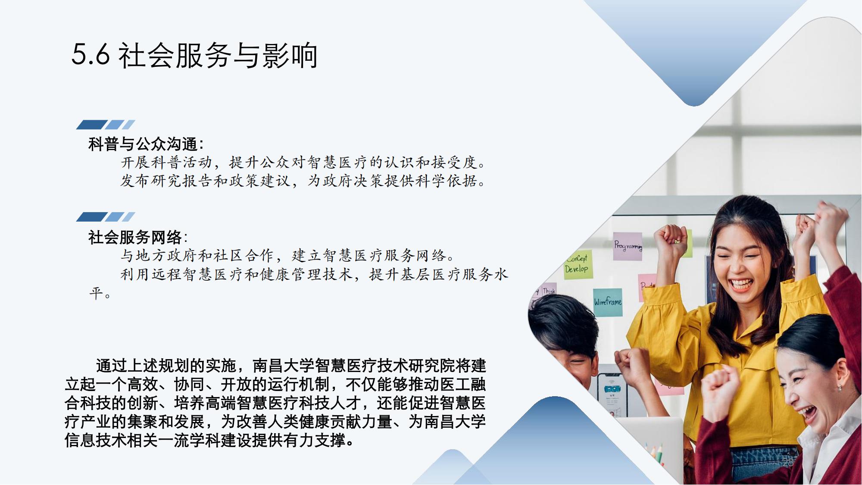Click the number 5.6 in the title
point(91,55)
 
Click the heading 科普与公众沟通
point(143,144)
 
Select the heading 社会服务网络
point(135,237)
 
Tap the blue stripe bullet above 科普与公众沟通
point(106,125)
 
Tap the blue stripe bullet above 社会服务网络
point(106,216)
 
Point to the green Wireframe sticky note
point(608,302)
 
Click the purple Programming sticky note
point(628,246)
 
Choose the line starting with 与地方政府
point(288,256)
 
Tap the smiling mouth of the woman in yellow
point(740,285)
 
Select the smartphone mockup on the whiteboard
point(612,394)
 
